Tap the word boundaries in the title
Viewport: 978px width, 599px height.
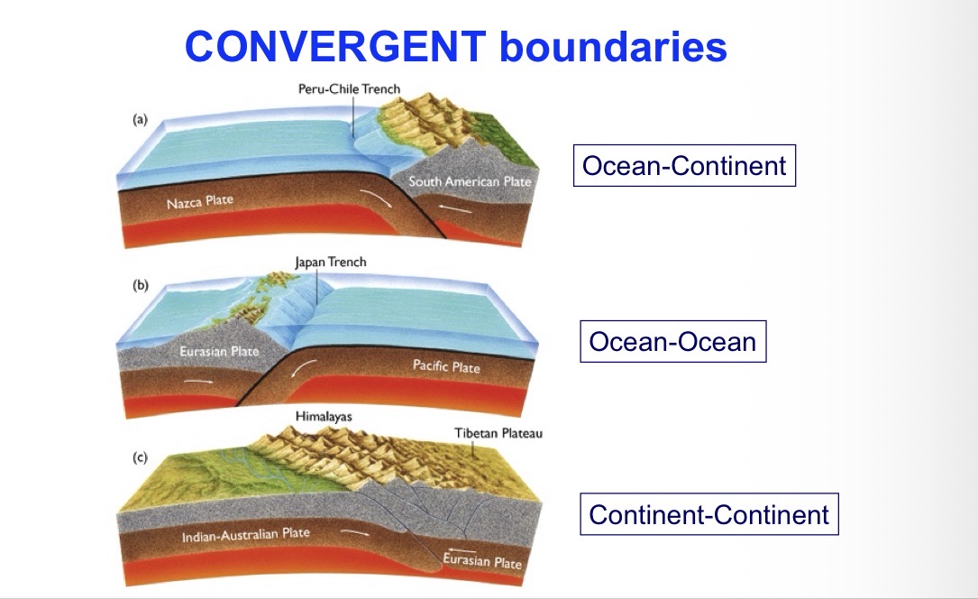coord(613,47)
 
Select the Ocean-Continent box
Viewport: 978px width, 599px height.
coord(684,166)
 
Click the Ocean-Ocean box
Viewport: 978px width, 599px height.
coord(672,342)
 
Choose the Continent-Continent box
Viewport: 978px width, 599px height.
coord(708,514)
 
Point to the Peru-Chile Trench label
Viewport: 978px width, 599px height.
coord(349,89)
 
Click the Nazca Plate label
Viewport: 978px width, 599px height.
coord(199,202)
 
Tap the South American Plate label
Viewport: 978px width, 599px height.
coord(470,182)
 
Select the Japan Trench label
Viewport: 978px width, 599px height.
coord(330,263)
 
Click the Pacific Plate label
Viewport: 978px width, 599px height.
coord(446,366)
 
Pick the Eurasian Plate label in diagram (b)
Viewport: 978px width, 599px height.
coord(219,351)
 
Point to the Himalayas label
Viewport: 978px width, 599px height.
coord(324,417)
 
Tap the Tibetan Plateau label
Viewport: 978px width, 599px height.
coord(498,434)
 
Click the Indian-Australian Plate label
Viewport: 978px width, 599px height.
coord(245,535)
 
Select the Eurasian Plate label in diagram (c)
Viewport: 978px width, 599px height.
coord(482,561)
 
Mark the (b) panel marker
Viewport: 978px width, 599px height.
coord(141,285)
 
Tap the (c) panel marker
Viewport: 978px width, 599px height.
coord(140,457)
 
